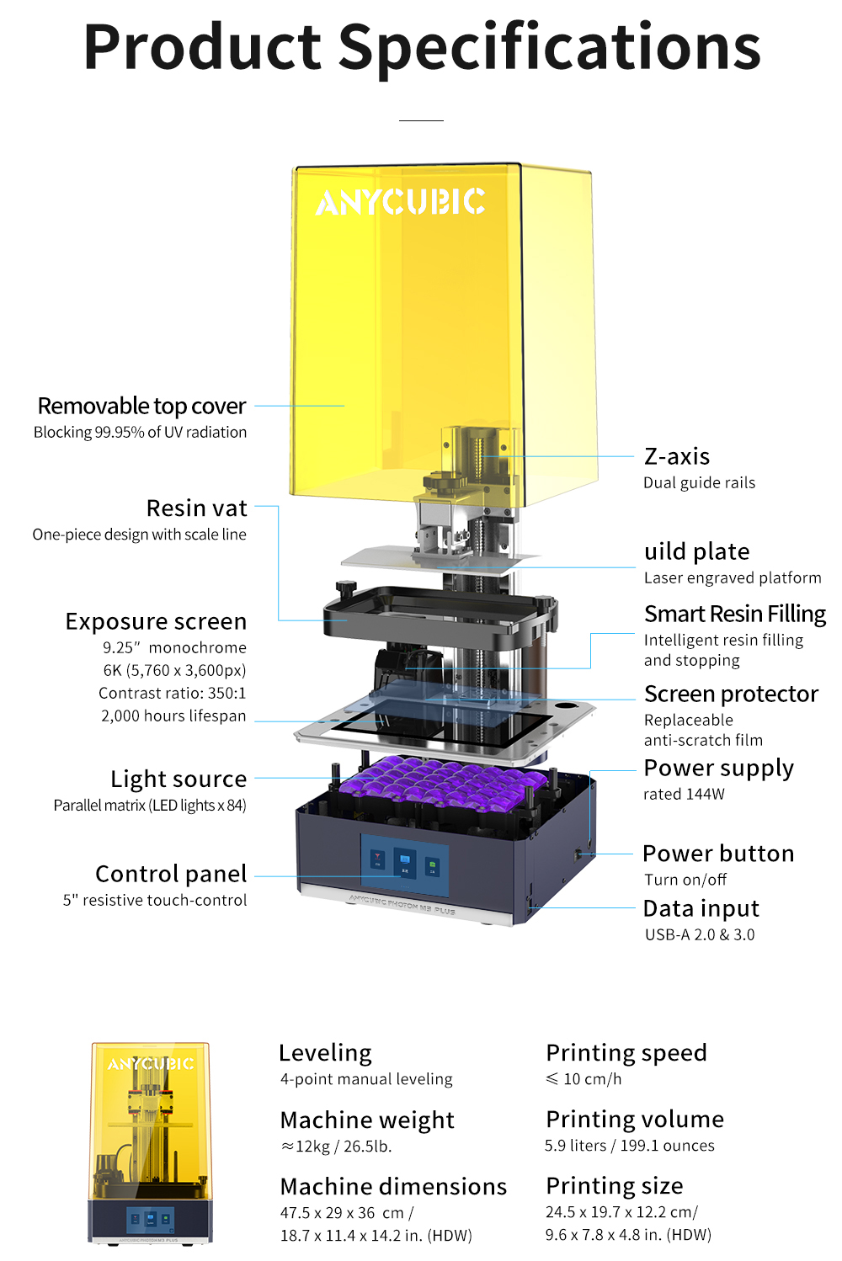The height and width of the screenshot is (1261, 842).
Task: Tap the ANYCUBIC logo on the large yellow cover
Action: pos(400,202)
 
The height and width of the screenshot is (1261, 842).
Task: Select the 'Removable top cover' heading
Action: pos(141,406)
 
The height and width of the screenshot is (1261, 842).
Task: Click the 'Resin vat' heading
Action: pos(196,508)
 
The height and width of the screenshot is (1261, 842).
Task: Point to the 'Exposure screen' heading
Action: pos(156,621)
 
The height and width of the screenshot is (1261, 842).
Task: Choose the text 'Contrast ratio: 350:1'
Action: pos(172,693)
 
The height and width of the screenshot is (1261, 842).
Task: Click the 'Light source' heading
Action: pos(179,779)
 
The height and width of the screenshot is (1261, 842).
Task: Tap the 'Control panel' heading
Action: pos(171,874)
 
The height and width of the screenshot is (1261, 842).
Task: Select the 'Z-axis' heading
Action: pos(677,456)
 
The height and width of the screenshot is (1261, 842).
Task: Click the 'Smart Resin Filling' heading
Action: pos(734,614)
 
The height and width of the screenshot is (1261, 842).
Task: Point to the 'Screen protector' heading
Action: pos(731,694)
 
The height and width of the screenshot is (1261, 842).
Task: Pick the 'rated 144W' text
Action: pos(684,794)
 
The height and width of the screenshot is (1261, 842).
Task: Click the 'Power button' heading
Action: pos(718,854)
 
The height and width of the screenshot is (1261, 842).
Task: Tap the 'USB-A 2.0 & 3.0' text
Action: pos(700,934)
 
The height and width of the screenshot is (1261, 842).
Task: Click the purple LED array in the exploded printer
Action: pos(438,785)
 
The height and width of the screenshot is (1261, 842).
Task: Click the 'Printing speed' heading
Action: pos(626,1052)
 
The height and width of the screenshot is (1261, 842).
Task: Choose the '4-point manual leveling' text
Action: pos(366,1079)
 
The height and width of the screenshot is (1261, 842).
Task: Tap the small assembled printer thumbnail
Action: pos(151,1142)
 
